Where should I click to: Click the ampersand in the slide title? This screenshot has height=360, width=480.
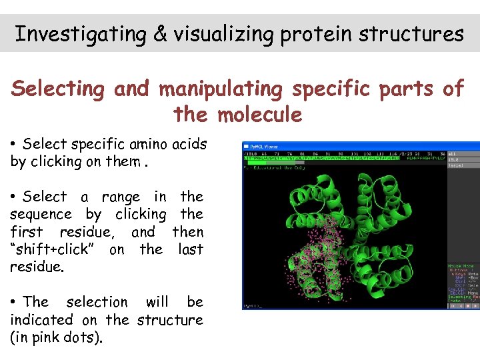click(x=160, y=34)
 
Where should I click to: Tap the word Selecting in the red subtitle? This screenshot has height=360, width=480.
click(x=59, y=89)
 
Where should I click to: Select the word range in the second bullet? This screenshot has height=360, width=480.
click(x=120, y=197)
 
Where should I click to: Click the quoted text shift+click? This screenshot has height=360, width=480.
click(x=56, y=250)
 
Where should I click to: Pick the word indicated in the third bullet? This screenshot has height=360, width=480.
click(x=52, y=320)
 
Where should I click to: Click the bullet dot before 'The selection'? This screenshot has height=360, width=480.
click(x=14, y=303)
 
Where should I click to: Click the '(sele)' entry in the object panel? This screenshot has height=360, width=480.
click(x=456, y=166)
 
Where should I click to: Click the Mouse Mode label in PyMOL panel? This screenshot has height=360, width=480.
click(x=460, y=266)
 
